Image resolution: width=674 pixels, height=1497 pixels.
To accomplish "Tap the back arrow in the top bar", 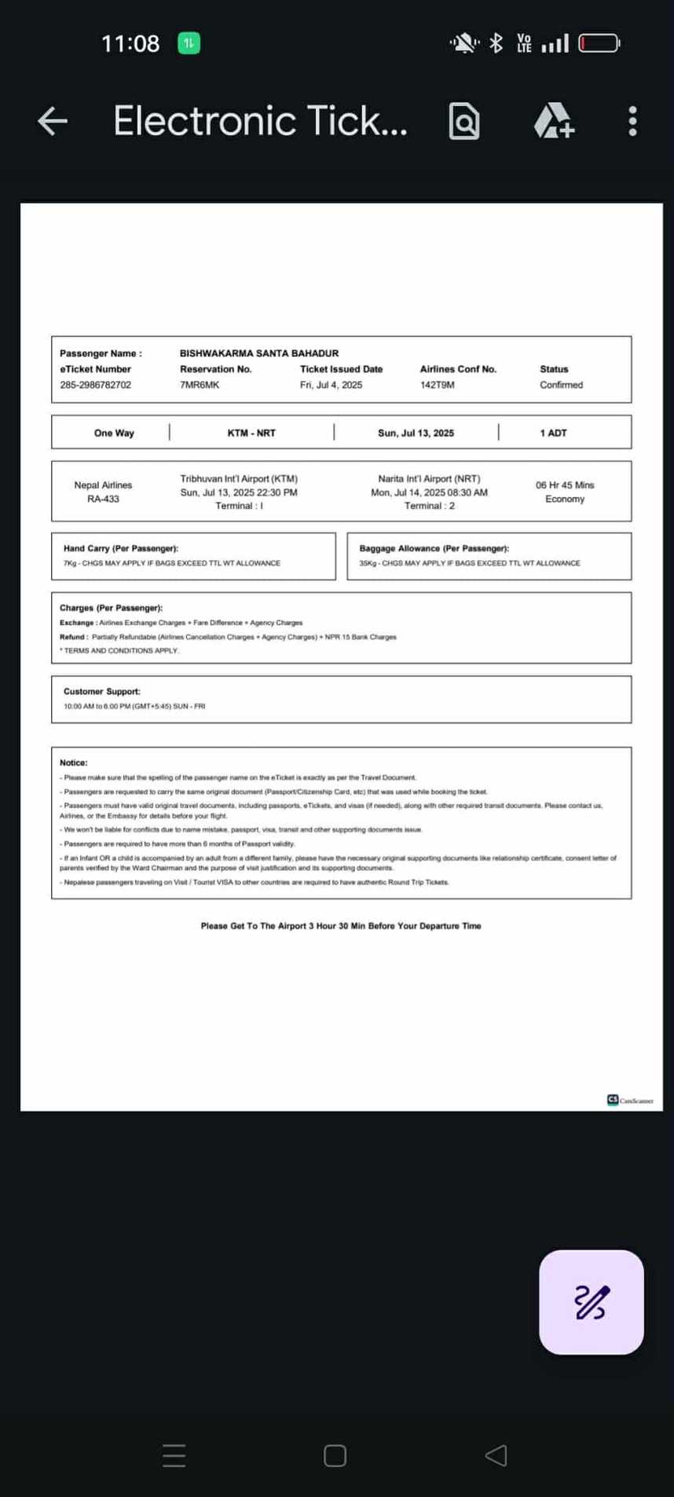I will pos(53,121).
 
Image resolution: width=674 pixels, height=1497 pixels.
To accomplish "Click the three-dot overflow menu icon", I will pos(633,121).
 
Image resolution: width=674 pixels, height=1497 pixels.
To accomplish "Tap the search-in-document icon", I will pos(464,121).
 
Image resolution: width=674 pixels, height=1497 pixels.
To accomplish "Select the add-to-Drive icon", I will pos(554,121).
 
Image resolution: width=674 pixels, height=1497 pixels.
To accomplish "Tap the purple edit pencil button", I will pos(591,1301).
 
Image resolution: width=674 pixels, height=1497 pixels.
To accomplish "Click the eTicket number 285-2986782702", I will pos(96,385).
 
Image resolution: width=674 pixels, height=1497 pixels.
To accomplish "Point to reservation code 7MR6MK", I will pos(200,385).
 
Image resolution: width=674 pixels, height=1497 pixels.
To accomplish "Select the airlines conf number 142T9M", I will pos(438,385).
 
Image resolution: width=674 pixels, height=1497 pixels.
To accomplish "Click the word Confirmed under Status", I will pos(561,385).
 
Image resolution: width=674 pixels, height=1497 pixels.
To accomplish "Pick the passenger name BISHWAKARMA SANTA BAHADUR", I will pos(259,353).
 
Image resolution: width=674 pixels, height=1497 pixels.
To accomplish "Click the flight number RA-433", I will pos(103,499).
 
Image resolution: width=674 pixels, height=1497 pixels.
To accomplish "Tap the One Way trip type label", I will pos(114,433).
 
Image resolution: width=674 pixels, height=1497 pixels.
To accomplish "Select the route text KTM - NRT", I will pos(251,433).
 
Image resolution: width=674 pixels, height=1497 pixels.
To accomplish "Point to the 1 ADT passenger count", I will pos(553,433).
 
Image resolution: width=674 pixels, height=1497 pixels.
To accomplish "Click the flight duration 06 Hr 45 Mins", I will pos(565,485).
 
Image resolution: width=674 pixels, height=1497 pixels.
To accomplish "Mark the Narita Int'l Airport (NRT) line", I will pos(429,478).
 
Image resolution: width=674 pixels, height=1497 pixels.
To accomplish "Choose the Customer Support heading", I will pos(102,691).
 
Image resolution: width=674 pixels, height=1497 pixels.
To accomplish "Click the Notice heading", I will pos(74,763).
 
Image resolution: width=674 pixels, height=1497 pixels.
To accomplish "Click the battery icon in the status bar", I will pos(599,43).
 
